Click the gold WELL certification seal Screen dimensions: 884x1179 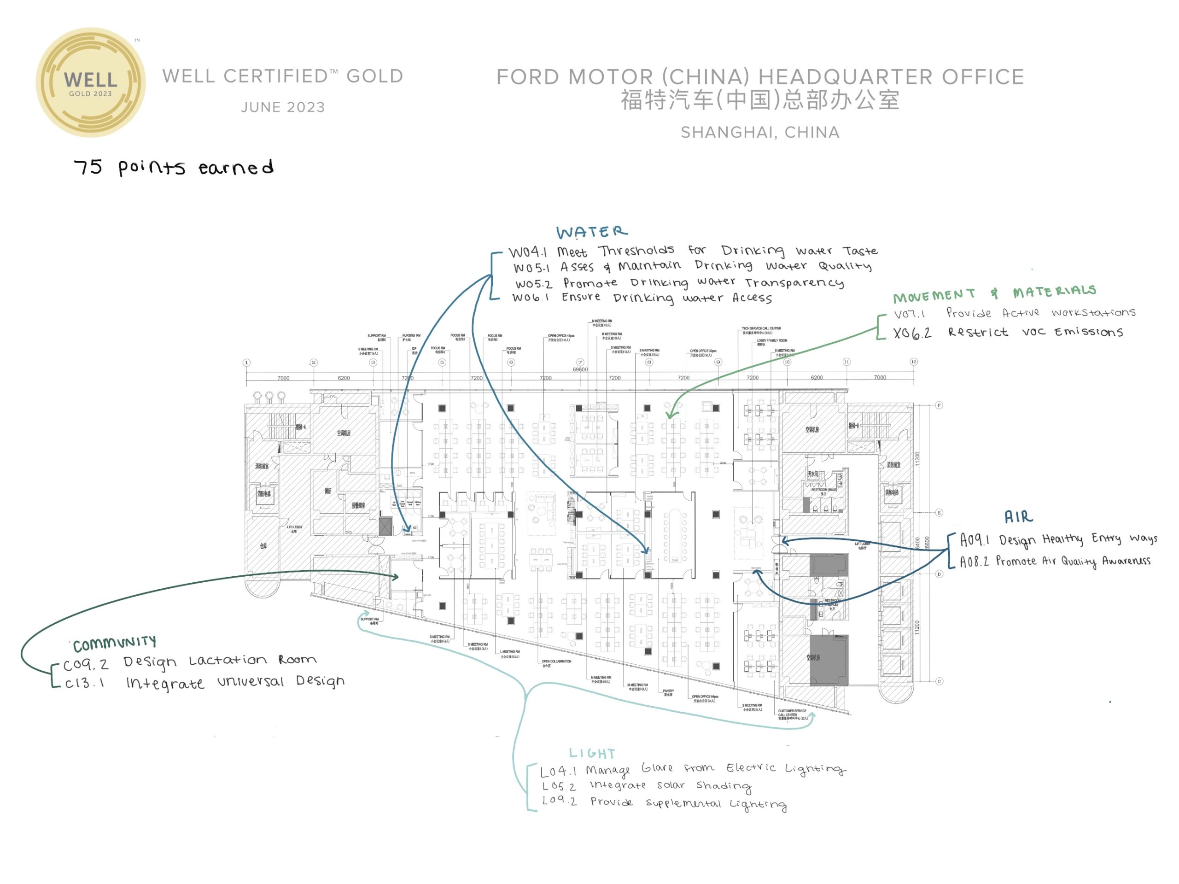coord(91,82)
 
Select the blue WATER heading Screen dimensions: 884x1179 coord(592,232)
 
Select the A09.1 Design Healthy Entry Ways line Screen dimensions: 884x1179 coord(1058,539)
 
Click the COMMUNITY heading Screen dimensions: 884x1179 coord(115,644)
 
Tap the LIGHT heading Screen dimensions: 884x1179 coord(592,753)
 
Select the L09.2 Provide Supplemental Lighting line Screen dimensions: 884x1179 coord(664,803)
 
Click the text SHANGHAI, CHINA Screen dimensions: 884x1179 coord(760,132)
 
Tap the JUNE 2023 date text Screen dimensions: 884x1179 coord(282,107)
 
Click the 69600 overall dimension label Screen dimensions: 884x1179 coord(580,369)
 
